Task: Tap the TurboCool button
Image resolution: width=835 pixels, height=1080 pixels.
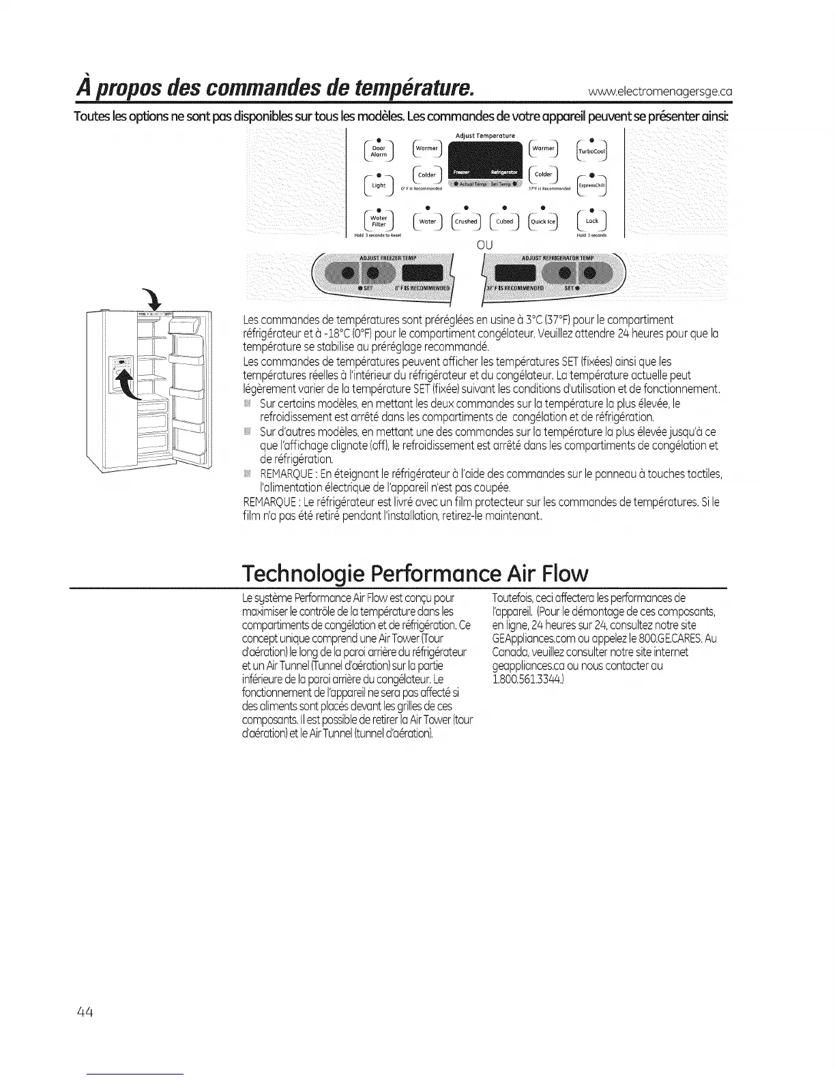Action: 591,151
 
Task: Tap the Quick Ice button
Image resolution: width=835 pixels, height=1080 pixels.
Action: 543,221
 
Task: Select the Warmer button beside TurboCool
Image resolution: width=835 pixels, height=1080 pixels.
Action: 543,149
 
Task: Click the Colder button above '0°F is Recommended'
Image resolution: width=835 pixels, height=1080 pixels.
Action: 427,175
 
